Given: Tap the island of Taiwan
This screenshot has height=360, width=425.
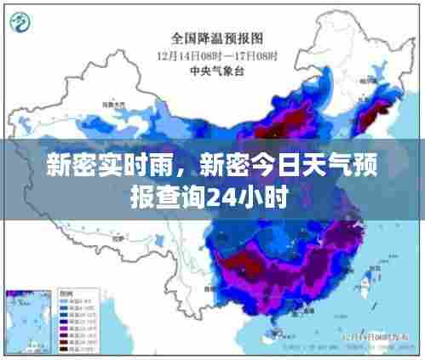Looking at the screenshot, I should [x=371, y=274].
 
